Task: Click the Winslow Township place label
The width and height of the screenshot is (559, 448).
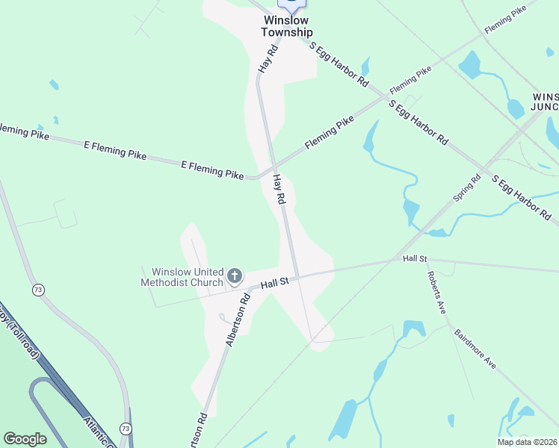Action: tap(287, 27)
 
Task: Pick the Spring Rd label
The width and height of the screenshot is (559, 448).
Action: tap(466, 189)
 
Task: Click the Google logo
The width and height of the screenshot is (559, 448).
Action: tap(25, 439)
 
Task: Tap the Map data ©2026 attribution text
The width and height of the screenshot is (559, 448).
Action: tap(527, 442)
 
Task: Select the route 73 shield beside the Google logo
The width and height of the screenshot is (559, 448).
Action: tap(125, 429)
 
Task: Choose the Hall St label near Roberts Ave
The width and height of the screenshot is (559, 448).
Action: tap(414, 258)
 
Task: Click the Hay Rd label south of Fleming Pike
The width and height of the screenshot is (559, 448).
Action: tap(279, 190)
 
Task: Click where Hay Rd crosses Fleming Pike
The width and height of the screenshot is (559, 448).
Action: tap(274, 164)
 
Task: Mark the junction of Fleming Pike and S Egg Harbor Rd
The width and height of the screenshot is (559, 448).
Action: tap(386, 97)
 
